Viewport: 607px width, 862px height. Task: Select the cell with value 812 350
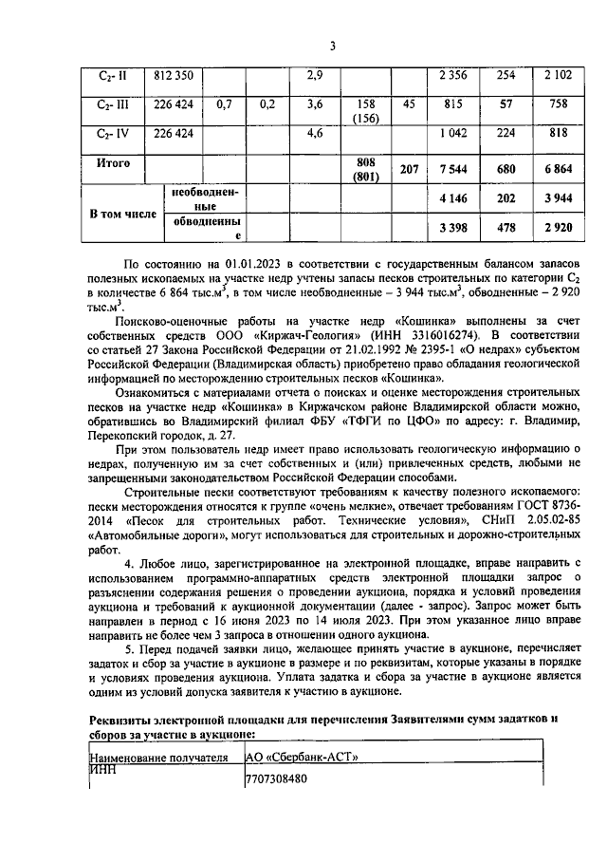coord(174,75)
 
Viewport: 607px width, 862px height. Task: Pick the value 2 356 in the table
coord(457,75)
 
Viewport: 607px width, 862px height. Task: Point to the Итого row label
coord(114,162)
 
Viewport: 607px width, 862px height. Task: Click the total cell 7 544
coord(457,169)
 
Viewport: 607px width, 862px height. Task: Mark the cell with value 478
coord(507,230)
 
